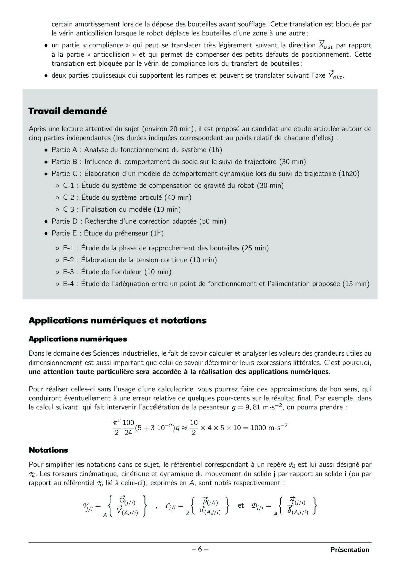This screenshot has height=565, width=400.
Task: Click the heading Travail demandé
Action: click(68, 111)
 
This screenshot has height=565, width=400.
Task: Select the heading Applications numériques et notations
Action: click(117, 321)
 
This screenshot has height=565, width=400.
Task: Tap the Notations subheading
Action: click(48, 450)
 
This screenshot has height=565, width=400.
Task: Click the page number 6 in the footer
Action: click(200, 549)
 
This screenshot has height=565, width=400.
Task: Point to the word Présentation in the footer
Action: click(349, 550)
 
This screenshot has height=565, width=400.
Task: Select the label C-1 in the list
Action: click(68, 186)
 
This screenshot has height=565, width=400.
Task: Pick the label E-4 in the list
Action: click(68, 284)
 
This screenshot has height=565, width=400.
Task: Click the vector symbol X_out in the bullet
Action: click(325, 45)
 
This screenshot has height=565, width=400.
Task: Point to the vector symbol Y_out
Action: click(335, 75)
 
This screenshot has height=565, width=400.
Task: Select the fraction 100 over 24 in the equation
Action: click(128, 427)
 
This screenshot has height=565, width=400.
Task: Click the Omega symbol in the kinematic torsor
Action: click(123, 501)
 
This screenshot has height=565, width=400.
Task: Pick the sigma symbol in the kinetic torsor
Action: click(202, 510)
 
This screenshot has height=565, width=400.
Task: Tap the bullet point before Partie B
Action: click(46, 162)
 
